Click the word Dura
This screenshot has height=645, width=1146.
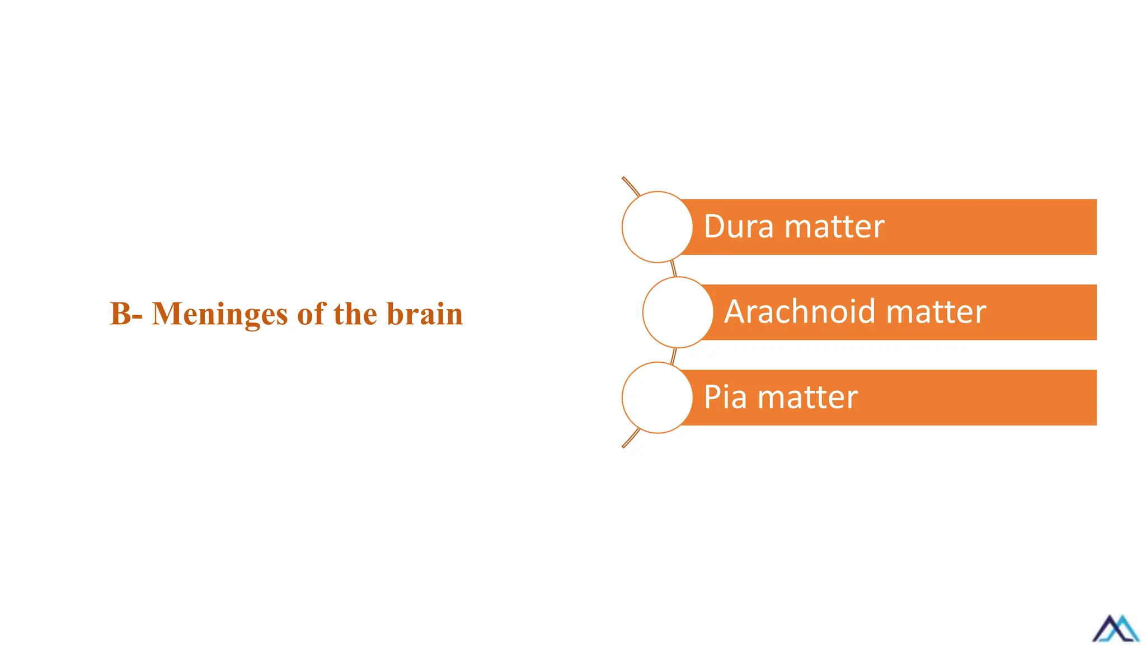click(x=739, y=227)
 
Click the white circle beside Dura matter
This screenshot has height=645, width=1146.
click(x=657, y=227)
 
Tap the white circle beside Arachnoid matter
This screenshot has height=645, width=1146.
click(x=678, y=312)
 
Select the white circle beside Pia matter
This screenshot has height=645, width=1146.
click(x=657, y=398)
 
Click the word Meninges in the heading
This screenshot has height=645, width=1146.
click(x=220, y=314)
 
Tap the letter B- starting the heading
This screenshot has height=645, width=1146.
click(x=126, y=314)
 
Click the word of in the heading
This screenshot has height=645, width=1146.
click(x=312, y=314)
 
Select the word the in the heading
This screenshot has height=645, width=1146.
click(x=355, y=314)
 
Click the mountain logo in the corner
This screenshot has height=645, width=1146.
click(x=1115, y=628)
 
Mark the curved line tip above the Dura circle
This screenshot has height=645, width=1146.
click(x=624, y=179)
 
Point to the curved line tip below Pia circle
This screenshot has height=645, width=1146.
click(x=624, y=446)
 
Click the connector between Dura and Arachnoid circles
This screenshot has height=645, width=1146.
click(x=674, y=269)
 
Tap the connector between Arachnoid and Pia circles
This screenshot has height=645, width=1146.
click(x=674, y=355)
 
